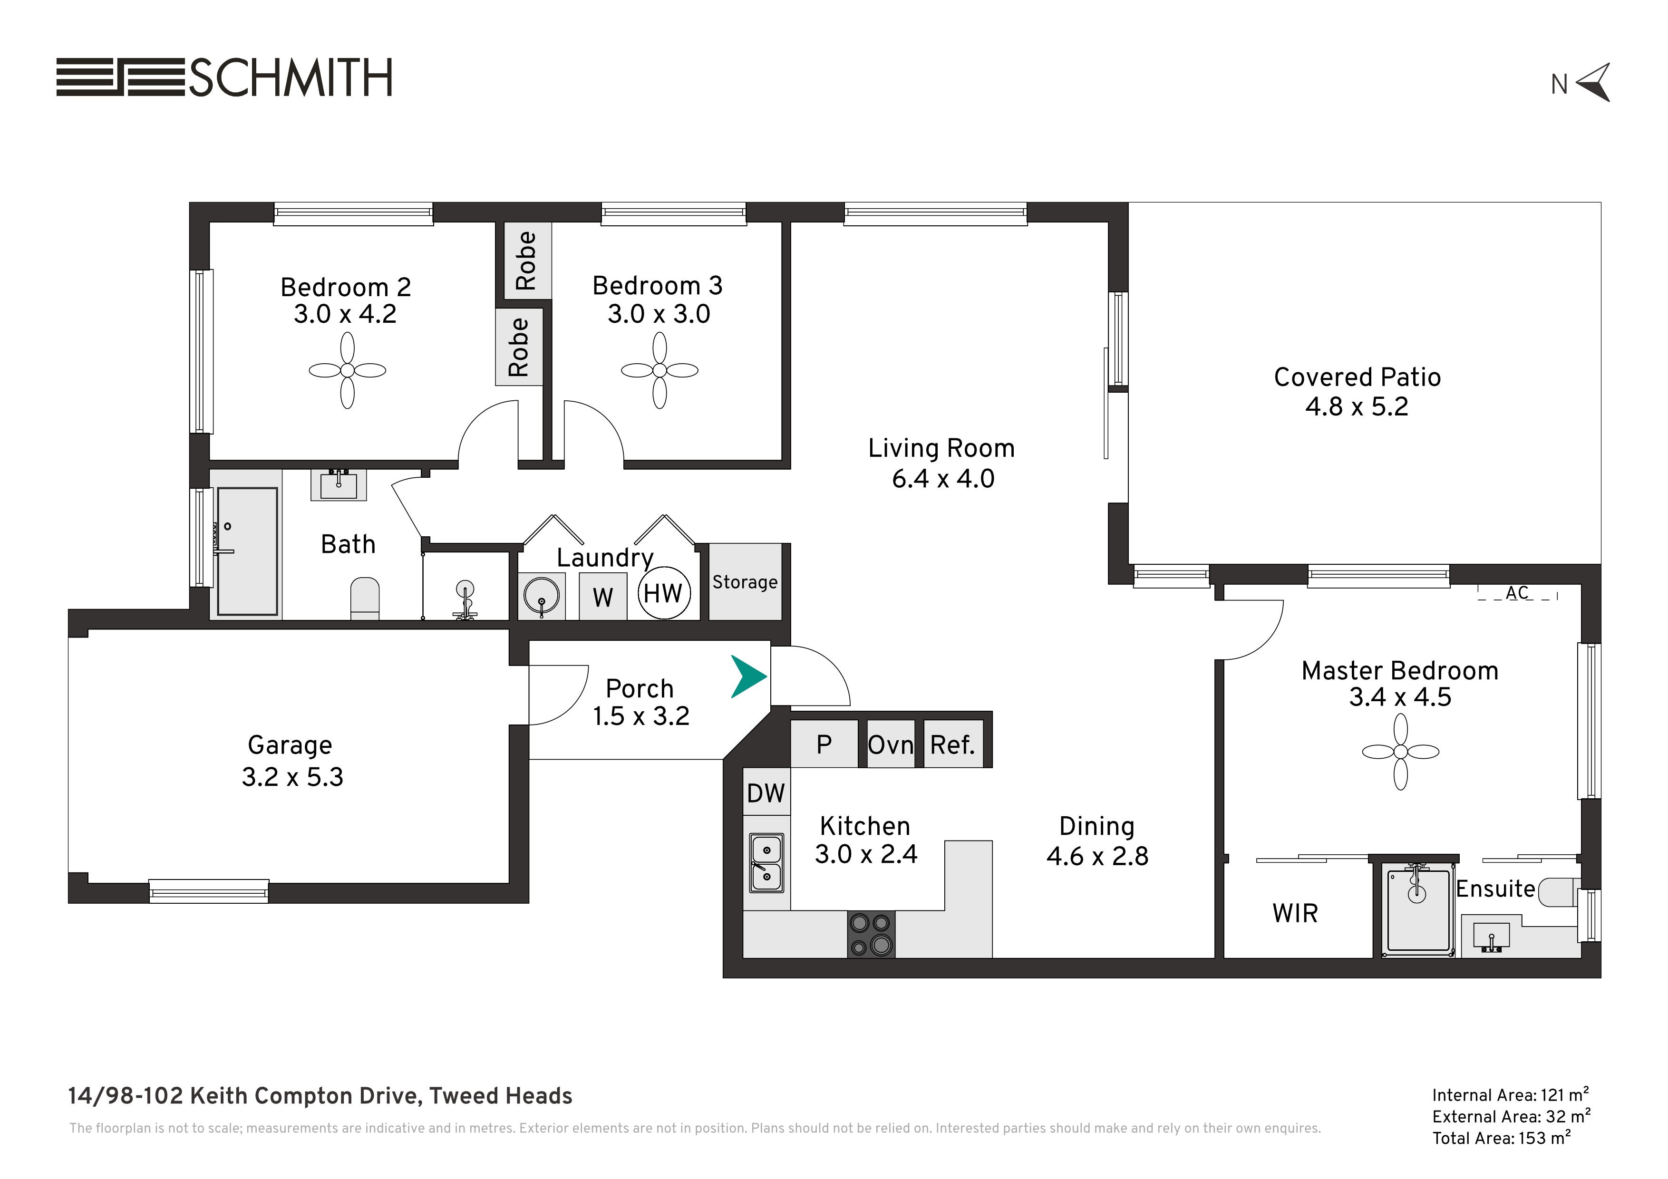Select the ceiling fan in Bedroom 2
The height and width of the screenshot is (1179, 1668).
[x=347, y=370]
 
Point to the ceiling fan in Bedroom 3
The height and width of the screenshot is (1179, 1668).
[x=659, y=370]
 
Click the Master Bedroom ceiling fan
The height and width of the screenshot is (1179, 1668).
[x=1401, y=752]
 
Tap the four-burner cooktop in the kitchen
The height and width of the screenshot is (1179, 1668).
[x=871, y=934]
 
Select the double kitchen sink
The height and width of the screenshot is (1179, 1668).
[x=766, y=862]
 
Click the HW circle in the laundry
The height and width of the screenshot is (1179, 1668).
[x=664, y=593]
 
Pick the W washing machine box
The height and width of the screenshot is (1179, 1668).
[x=603, y=597]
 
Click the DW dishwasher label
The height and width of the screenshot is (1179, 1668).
[x=766, y=792]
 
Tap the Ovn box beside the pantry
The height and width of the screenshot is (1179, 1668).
[x=891, y=744]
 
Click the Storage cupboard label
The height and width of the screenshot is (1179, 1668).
[x=745, y=582]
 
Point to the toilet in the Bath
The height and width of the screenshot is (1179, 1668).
[x=365, y=598]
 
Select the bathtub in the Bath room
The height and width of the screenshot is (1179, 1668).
[x=248, y=551]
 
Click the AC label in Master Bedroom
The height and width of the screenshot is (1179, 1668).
[x=1517, y=593]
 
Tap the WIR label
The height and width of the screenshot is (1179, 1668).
[x=1295, y=913]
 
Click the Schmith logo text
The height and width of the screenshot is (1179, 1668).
[x=291, y=77]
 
